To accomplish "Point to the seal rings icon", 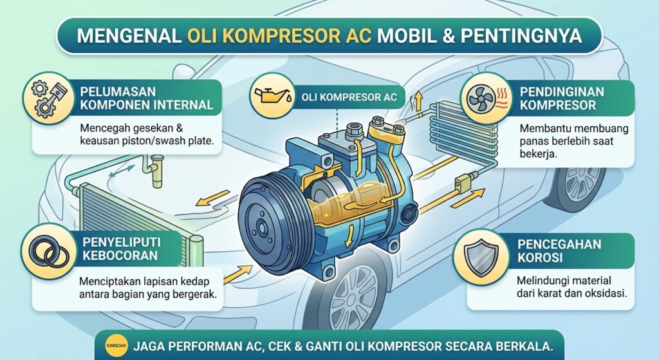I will pos(44,249).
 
